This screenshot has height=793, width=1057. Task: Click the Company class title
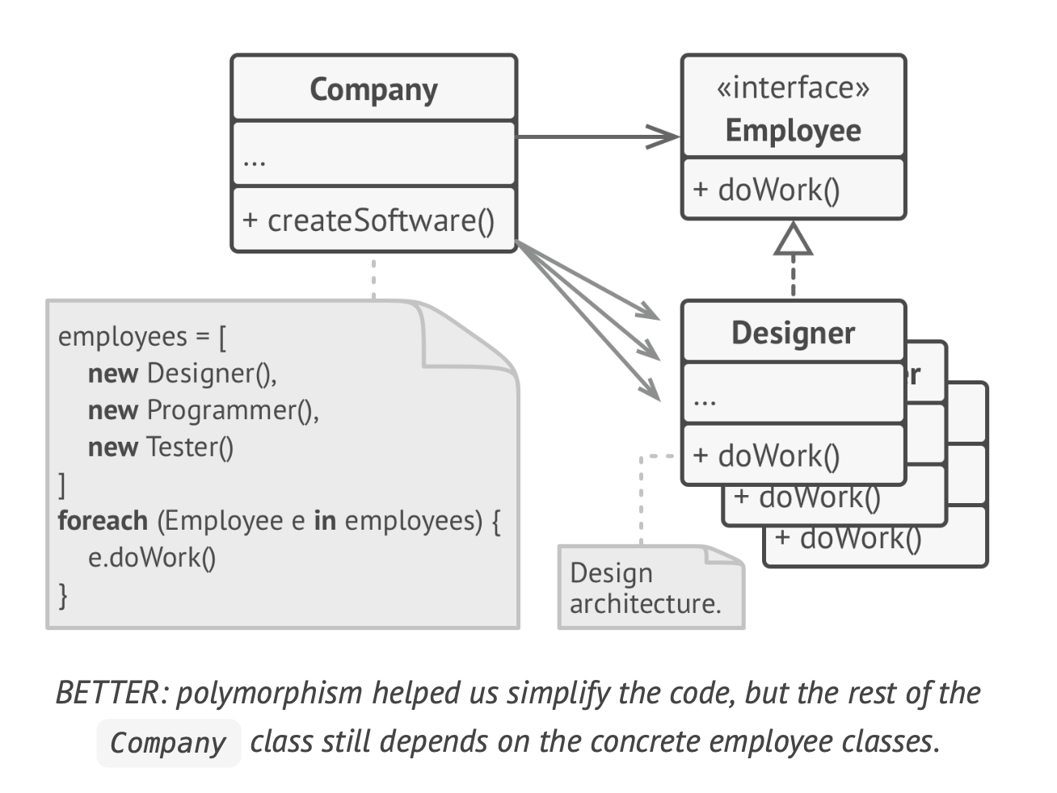(x=373, y=90)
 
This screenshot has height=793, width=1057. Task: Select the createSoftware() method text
(x=368, y=220)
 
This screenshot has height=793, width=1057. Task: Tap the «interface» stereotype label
(x=793, y=87)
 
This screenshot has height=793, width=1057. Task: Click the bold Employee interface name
(x=793, y=130)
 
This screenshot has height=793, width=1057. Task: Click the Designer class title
(x=793, y=333)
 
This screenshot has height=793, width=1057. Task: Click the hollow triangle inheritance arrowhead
(x=793, y=239)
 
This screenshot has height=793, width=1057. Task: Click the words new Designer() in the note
(x=182, y=373)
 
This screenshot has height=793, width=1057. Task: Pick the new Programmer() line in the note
(x=203, y=410)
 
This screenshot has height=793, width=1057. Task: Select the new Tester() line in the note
(x=160, y=447)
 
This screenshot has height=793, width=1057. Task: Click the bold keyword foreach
(x=103, y=520)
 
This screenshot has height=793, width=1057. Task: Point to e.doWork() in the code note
(x=152, y=557)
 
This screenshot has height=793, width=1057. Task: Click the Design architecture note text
(x=645, y=588)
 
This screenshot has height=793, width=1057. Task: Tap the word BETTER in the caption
(x=108, y=694)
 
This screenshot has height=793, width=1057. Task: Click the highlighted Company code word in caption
(x=168, y=743)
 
